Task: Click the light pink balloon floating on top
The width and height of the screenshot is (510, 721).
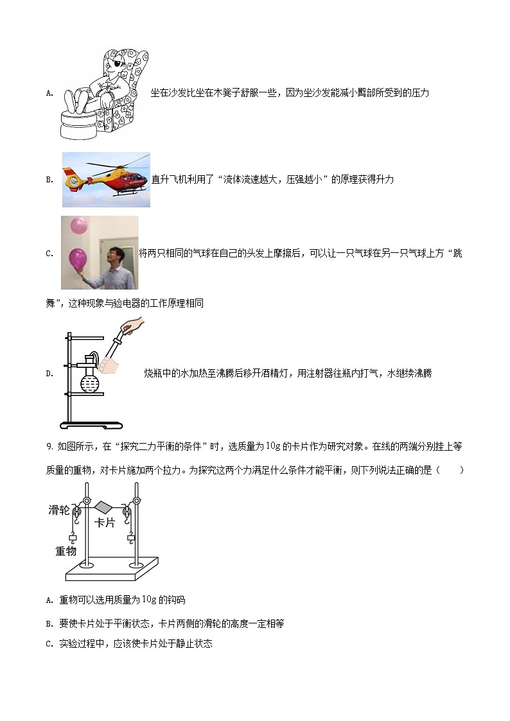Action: (x=78, y=225)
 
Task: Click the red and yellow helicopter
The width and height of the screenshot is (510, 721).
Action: (x=103, y=177)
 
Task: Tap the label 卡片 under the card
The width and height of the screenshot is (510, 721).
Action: (x=104, y=523)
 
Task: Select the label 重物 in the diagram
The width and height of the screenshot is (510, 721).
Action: (x=66, y=551)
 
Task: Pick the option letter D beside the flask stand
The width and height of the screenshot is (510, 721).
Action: (x=49, y=374)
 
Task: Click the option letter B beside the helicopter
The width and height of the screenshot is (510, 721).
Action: (x=49, y=180)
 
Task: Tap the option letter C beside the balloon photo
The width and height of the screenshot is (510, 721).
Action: (x=49, y=254)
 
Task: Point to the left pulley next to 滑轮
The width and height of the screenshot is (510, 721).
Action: (x=76, y=512)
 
